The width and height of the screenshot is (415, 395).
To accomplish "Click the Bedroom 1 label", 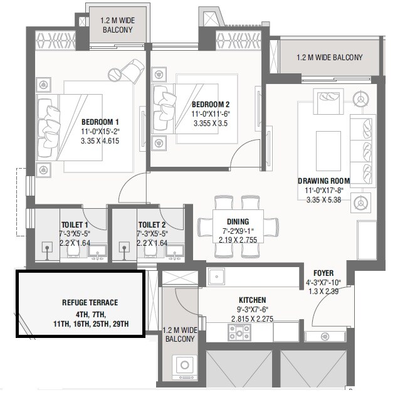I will pyautogui.click(x=100, y=122).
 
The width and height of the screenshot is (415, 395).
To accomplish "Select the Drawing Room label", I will pyautogui.click(x=323, y=181).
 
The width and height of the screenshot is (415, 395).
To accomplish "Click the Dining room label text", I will pyautogui.click(x=238, y=221).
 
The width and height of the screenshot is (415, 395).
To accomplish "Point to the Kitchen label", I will pyautogui.click(x=252, y=300).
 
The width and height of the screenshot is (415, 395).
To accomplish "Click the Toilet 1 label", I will pyautogui.click(x=74, y=224).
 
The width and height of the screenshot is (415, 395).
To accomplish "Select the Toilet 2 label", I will pyautogui.click(x=152, y=224).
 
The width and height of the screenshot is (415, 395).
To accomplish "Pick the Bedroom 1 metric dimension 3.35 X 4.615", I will pyautogui.click(x=100, y=141).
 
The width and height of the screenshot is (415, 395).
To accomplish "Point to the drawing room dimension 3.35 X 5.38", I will pyautogui.click(x=323, y=201).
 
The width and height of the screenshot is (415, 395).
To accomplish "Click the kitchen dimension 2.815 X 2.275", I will pyautogui.click(x=252, y=319).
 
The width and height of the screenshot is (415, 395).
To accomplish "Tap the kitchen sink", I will pyautogui.click(x=217, y=276).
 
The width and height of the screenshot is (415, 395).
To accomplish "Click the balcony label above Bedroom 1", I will pyautogui.click(x=117, y=24).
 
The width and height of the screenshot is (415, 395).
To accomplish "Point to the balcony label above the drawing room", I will pyautogui.click(x=329, y=58).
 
